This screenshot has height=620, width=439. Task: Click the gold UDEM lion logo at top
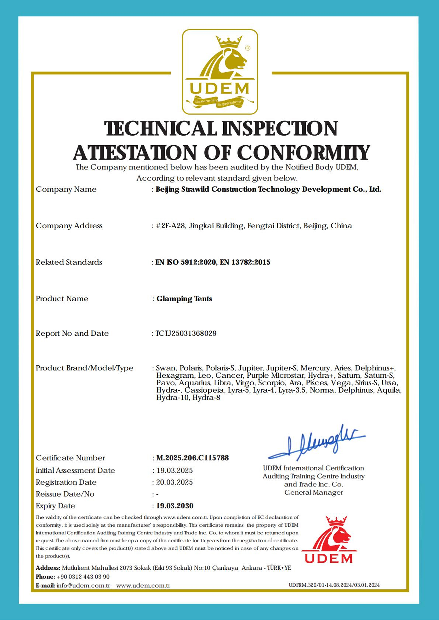tap(220, 72)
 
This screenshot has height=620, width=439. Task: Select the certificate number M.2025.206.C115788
tap(192, 458)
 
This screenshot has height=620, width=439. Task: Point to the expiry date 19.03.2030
tap(175, 506)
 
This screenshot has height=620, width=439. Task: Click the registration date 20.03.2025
tap(174, 482)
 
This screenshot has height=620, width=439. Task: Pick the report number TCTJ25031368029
tap(186, 333)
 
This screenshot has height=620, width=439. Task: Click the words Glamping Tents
tap(184, 299)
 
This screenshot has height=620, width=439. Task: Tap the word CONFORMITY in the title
tap(304, 153)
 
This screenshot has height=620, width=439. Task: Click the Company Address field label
tap(69, 226)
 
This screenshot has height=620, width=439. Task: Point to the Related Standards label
tap(69, 262)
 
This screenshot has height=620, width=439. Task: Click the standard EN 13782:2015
tap(245, 262)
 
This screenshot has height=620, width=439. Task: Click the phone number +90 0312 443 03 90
tap(83, 577)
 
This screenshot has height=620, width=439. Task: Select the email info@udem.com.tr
tap(83, 585)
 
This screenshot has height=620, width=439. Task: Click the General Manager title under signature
tap(314, 492)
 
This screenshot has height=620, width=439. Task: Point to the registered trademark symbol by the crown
tap(248, 48)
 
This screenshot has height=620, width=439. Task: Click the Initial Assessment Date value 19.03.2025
tap(175, 470)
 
